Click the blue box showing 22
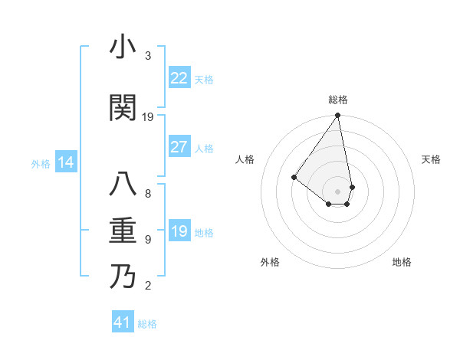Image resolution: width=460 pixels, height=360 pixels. (179, 78)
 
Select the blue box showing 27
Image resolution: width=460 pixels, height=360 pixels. (179, 147)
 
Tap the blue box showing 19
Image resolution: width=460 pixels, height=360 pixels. (179, 231)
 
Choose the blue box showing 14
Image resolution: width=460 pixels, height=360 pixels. (66, 162)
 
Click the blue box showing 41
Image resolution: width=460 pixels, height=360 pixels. (123, 322)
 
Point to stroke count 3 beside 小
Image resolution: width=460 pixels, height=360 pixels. (148, 56)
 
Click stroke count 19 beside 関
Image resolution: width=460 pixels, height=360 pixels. (148, 117)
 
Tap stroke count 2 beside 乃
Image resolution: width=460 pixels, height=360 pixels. (148, 286)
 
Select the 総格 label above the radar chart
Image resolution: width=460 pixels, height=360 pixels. (338, 100)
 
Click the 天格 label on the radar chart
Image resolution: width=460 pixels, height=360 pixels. (432, 159)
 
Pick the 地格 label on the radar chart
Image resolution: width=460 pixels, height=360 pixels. (402, 262)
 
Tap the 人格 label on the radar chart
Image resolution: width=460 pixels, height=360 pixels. (245, 159)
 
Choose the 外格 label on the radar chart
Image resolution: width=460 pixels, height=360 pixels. (270, 262)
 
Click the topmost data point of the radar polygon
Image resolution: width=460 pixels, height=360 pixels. (337, 116)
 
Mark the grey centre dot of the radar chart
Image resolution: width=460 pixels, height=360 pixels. (337, 191)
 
